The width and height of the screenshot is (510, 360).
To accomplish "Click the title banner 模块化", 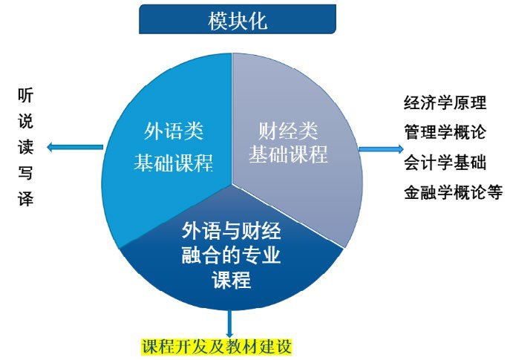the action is coord(237,19).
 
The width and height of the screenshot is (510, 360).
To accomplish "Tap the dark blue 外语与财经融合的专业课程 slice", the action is coord(232,257).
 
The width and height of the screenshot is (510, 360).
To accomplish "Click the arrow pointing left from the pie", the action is coord(75,147).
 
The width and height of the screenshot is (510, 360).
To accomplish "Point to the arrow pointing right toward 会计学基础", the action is coord(381,149).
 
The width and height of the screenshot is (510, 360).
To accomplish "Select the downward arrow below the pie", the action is coord(229,324).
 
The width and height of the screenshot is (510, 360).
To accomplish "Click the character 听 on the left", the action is coord(26,96).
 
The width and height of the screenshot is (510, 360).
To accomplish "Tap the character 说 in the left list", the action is coord(26,121).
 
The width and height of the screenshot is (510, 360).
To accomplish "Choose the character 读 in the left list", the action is coord(26,147).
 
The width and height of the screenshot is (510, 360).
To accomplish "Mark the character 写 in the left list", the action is coord(26,172).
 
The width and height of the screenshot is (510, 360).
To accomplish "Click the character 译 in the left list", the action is coord(26,197).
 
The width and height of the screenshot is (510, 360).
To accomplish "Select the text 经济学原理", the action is coord(445,102).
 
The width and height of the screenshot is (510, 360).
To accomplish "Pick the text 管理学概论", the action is coord(445,132).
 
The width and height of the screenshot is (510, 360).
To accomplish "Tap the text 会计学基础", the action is coord(445,162).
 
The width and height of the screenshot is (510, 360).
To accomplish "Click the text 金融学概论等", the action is coord(454,192).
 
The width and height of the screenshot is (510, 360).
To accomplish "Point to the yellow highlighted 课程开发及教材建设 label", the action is coord(217,347).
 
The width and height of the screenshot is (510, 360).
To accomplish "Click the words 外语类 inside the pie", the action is coord(174,131).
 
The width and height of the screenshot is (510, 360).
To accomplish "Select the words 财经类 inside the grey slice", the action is coord(288,131).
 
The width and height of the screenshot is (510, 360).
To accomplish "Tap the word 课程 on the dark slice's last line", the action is coord(232,280).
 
